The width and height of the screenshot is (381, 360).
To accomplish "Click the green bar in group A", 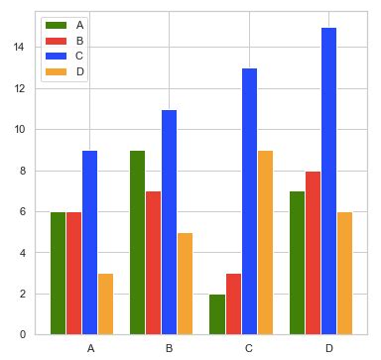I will click(x=58, y=273).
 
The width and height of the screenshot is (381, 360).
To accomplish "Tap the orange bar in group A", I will click(x=105, y=303).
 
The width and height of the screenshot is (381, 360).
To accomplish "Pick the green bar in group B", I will click(x=137, y=242).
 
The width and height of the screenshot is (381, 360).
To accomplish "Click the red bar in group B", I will click(x=153, y=263).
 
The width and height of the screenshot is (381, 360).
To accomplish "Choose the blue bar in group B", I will click(x=169, y=222).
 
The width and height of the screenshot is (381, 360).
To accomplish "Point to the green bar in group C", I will click(x=216, y=313).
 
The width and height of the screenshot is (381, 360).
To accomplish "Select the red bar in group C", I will click(x=232, y=303).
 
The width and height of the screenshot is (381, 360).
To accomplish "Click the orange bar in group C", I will click(x=264, y=242).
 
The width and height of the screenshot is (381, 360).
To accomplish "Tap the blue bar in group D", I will click(x=328, y=180).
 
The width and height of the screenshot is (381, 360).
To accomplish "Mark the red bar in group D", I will click(x=313, y=253).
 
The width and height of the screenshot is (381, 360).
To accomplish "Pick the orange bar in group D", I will click(x=344, y=273).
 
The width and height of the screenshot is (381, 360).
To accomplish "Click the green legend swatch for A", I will click(x=55, y=24).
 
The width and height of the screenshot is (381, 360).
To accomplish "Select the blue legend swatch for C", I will click(x=55, y=56).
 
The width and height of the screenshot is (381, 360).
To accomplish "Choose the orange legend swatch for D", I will click(x=55, y=71).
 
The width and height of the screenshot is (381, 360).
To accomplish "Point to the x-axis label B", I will click(x=169, y=348).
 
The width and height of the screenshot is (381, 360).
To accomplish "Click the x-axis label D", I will click(x=328, y=348).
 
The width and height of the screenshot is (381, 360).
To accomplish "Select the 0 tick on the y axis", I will click(x=25, y=334).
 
